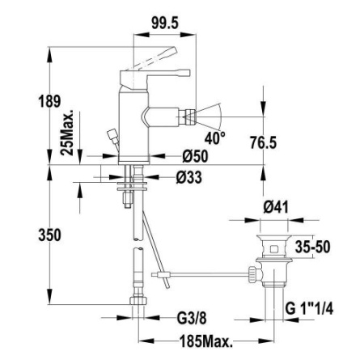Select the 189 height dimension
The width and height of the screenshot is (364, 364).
(27, 102)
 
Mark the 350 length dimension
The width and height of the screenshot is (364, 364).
(27, 235)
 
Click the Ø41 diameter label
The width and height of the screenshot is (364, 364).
(274, 207)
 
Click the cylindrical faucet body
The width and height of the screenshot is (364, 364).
(133, 121)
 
